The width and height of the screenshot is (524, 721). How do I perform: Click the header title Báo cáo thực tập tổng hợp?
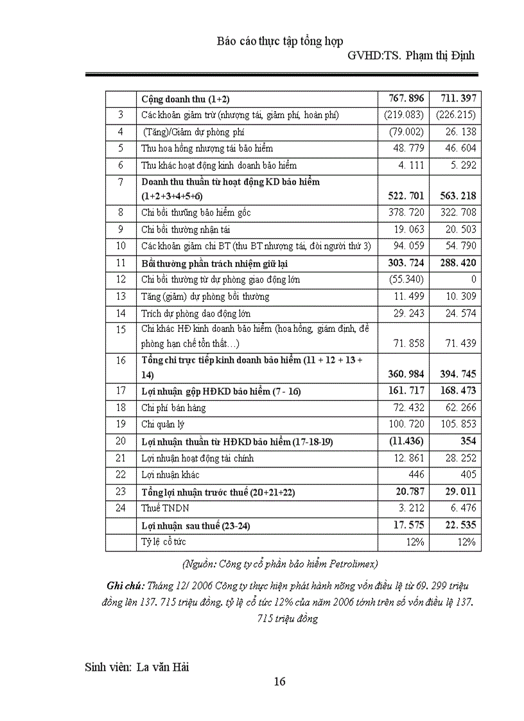click(x=279, y=41)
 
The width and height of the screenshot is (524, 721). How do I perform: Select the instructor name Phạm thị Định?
click(x=439, y=55)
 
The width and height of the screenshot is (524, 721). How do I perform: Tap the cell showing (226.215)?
click(x=455, y=115)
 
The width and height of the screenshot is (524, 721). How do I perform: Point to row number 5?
click(x=121, y=148)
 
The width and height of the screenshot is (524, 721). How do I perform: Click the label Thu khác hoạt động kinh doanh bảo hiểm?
click(x=219, y=165)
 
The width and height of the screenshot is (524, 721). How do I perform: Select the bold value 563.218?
click(x=455, y=196)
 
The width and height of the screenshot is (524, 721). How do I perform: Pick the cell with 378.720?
click(x=406, y=213)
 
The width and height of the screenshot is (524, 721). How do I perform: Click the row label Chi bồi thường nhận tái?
click(x=186, y=229)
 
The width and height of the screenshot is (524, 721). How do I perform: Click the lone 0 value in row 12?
click(x=473, y=279)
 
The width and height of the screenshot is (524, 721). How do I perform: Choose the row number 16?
click(x=121, y=360)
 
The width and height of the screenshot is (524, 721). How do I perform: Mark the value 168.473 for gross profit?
click(x=455, y=391)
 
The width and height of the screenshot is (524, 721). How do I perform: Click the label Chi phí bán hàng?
click(x=170, y=408)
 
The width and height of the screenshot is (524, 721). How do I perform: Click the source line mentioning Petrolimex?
click(x=280, y=564)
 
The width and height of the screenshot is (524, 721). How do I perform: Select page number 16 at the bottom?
click(x=279, y=682)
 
